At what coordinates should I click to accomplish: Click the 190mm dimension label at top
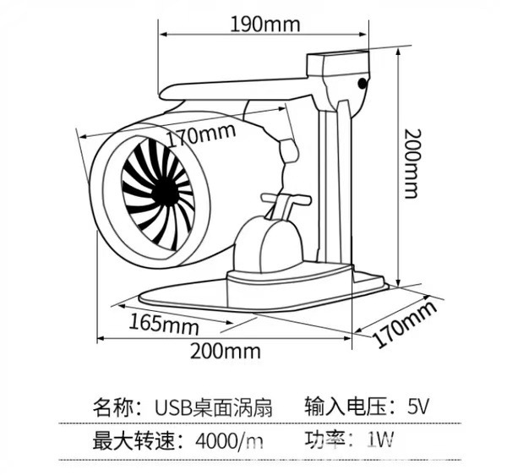point(264,24)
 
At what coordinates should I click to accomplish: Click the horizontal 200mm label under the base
point(225,351)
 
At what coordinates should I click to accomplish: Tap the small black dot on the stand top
point(364,83)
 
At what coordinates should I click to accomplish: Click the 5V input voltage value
point(418,407)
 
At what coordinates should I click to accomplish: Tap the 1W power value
point(380,440)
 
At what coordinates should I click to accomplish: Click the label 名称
point(114,407)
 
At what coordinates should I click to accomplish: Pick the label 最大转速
point(138,440)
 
